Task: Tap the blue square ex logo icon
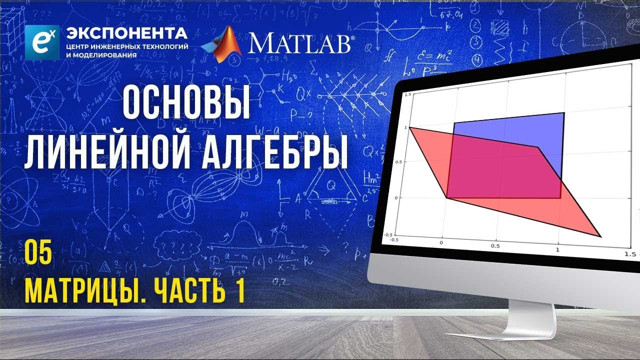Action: (x=42, y=41)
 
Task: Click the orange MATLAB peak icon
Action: (x=221, y=44)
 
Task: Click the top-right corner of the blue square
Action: (x=564, y=113)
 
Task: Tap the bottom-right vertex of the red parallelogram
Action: (x=600, y=236)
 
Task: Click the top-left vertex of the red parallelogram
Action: (x=410, y=127)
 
